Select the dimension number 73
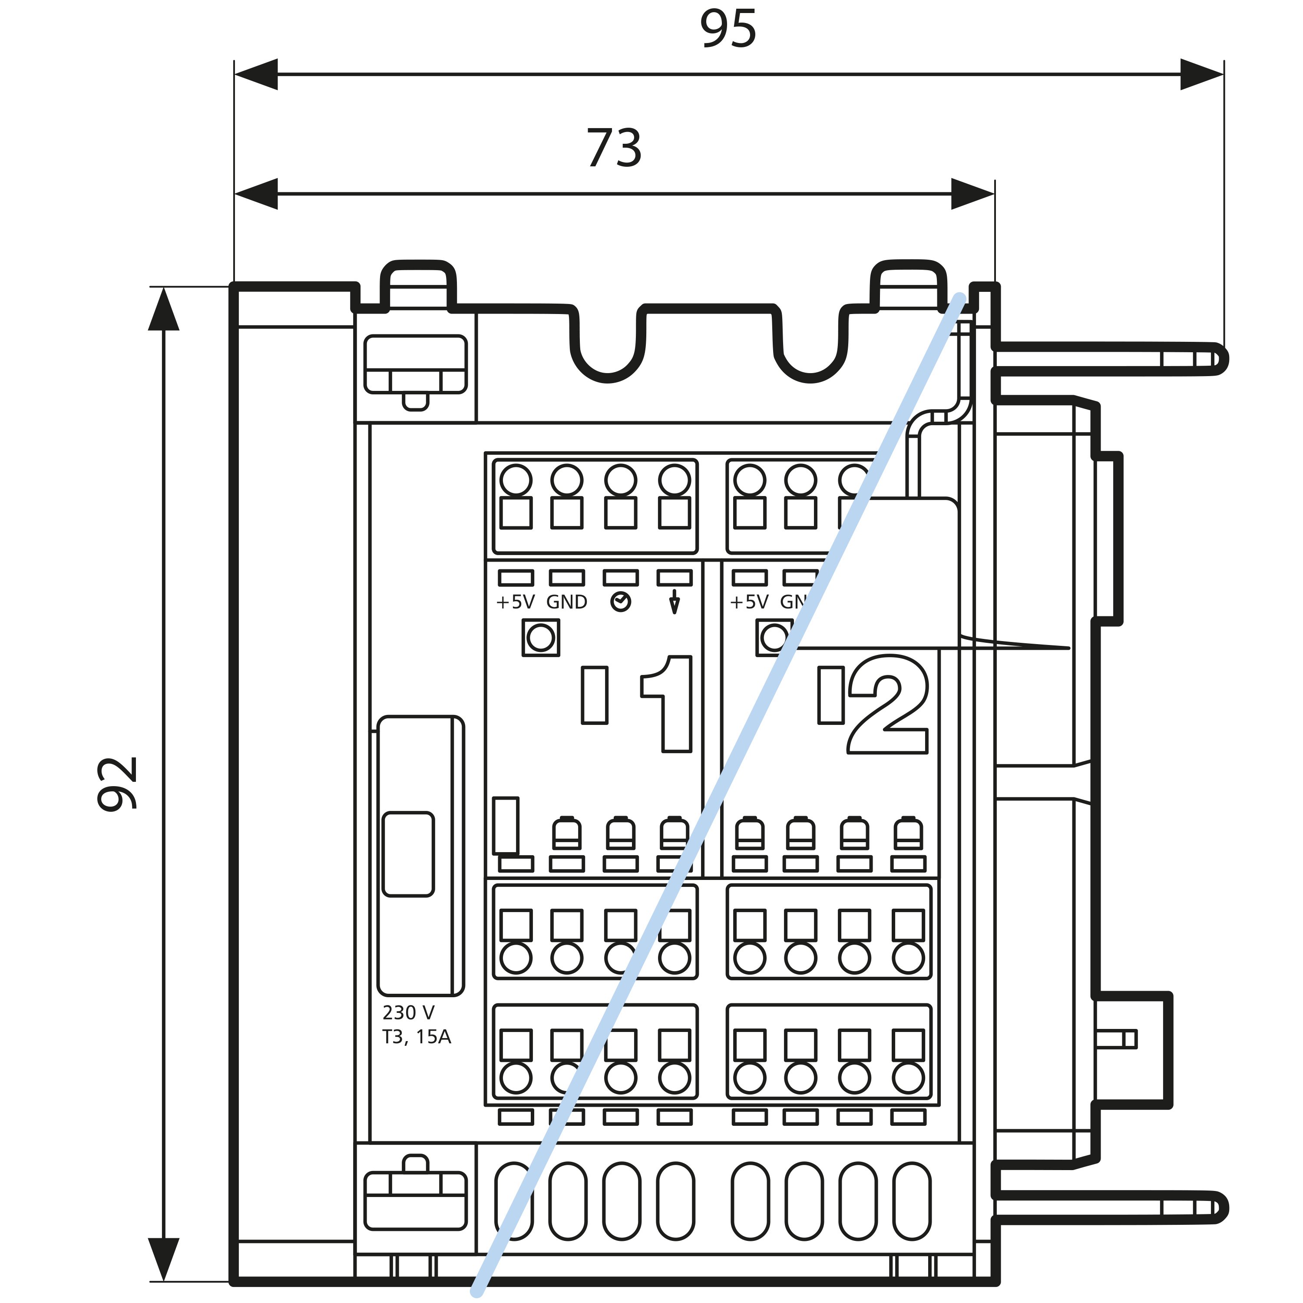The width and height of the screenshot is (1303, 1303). pyautogui.click(x=614, y=149)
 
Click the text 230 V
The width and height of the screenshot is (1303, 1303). pyautogui.click(x=408, y=1012)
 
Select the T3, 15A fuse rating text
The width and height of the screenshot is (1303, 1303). pyautogui.click(x=416, y=1037)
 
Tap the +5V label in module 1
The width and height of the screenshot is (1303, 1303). pyautogui.click(x=515, y=602)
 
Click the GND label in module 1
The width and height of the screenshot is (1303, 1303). pyautogui.click(x=566, y=602)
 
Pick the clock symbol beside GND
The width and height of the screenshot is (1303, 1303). pyautogui.click(x=621, y=602)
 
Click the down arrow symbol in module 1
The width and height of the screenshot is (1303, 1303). pyautogui.click(x=674, y=602)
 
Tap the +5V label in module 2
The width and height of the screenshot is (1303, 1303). pyautogui.click(x=749, y=602)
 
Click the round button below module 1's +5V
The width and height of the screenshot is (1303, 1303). pyautogui.click(x=540, y=637)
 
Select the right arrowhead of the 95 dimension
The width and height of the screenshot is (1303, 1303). pyautogui.click(x=1202, y=74)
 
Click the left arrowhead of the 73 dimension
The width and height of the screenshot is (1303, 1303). pyautogui.click(x=256, y=194)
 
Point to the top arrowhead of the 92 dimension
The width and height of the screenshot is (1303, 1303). pyautogui.click(x=164, y=309)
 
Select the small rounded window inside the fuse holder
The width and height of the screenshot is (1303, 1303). pyautogui.click(x=408, y=854)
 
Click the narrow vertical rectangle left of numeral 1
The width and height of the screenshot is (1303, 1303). pyautogui.click(x=594, y=695)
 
